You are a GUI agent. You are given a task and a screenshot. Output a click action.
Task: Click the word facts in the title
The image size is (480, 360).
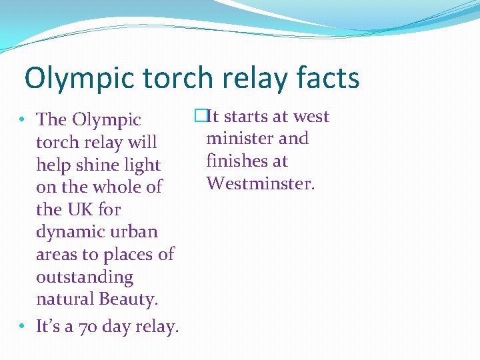click(x=325, y=79)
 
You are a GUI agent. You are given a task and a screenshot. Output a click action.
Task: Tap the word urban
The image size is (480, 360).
click(x=134, y=232)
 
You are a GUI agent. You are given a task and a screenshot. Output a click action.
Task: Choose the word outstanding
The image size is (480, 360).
click(x=85, y=277)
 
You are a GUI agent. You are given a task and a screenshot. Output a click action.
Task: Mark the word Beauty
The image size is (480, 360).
click(x=128, y=299)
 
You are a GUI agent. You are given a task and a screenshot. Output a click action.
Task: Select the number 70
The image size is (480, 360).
click(x=87, y=327)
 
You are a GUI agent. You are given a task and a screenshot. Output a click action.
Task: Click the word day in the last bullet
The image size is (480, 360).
click(x=114, y=327)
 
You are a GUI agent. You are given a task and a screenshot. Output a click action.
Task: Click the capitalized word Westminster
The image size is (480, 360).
click(x=260, y=183)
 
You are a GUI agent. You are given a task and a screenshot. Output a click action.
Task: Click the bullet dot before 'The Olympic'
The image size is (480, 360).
click(x=23, y=120)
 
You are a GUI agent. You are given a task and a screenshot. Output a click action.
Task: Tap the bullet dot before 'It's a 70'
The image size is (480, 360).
click(x=23, y=327)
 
